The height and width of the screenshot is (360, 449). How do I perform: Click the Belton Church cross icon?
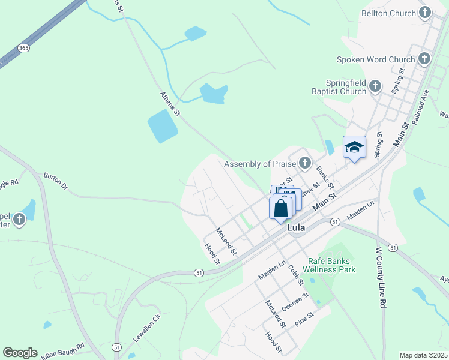(x=425, y=13)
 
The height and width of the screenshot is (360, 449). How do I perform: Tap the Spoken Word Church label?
(x=376, y=59)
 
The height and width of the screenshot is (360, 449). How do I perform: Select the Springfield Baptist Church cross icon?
(x=376, y=86)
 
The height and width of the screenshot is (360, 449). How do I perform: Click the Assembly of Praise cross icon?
(x=305, y=163)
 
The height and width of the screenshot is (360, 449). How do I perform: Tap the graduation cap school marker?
(x=354, y=147)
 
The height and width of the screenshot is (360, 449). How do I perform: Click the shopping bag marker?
(x=280, y=209)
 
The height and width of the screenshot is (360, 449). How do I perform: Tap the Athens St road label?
(x=170, y=103)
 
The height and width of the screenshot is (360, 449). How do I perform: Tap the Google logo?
(x=20, y=352)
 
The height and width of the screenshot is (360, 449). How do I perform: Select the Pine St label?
(x=304, y=319)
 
